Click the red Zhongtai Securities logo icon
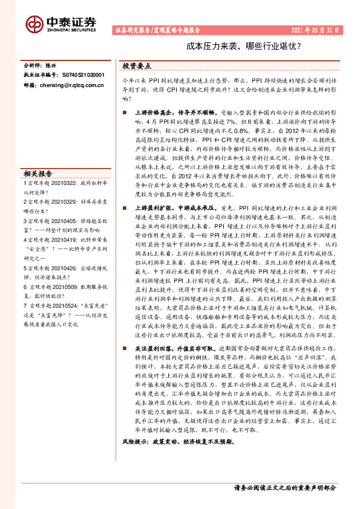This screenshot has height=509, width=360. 34,24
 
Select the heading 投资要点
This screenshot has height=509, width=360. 137,66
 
